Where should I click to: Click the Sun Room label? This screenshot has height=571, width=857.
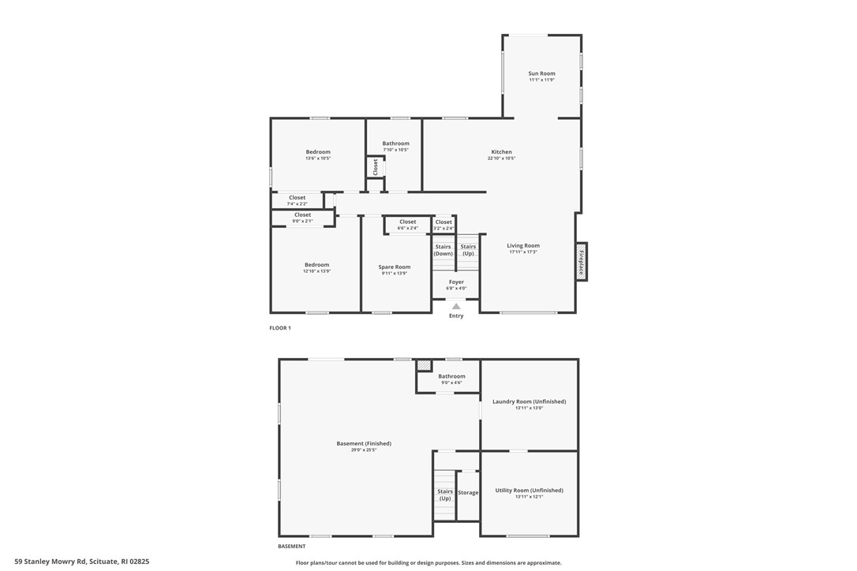point(541,73)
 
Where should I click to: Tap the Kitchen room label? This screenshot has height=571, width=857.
point(501,152)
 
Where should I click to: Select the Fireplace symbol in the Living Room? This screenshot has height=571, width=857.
point(582,260)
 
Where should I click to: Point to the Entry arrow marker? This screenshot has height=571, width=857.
point(456,306)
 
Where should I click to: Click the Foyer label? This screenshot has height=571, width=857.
point(456,282)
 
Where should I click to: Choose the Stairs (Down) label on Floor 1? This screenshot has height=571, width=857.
point(443,250)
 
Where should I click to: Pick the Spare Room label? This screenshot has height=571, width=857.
point(394,267)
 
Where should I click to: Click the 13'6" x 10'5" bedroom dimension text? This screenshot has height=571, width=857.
point(318,159)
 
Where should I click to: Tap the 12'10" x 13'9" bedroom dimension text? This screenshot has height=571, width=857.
point(316,271)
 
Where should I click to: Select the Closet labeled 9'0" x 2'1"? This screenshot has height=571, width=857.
point(302,215)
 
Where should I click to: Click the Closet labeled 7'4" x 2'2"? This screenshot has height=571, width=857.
point(297,198)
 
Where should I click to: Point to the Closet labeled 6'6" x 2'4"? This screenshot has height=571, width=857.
point(407,222)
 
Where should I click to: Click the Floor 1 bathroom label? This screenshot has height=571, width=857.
point(395,144)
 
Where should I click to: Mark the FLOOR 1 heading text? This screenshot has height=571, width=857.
point(280,328)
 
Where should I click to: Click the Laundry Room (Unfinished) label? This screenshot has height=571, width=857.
point(529,401)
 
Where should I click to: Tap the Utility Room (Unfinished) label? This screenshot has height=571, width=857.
point(529,491)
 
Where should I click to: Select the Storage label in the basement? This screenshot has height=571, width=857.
point(468,493)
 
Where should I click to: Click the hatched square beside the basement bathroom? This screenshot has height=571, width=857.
point(425,365)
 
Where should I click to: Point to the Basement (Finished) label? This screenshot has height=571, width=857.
point(364,443)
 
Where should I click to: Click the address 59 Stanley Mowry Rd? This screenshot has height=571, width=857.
point(81,562)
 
